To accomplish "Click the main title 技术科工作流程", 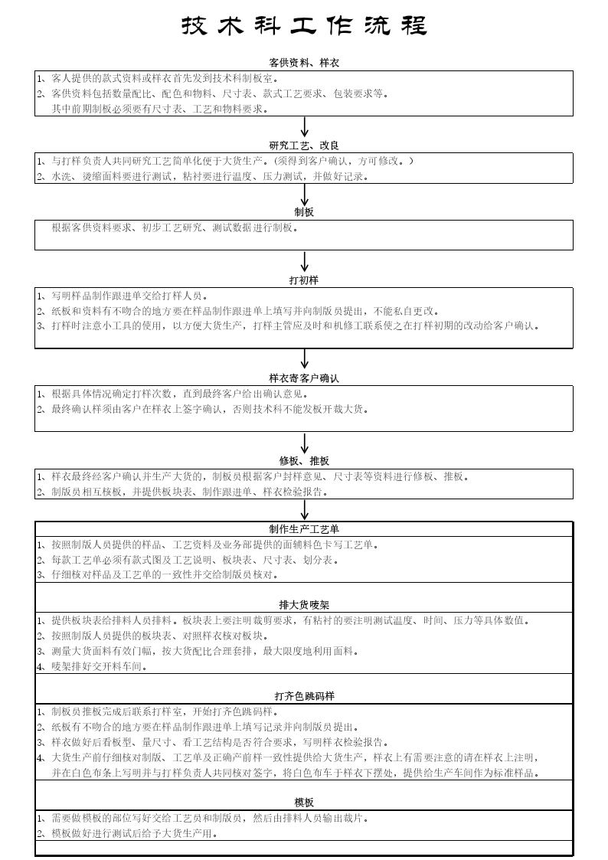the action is point(304,26).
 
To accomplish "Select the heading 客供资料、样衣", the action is point(304,63).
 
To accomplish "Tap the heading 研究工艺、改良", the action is point(304,146).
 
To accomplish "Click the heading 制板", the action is point(304,212).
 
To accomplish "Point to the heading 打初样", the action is point(304,280).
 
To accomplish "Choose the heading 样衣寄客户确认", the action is point(304,378).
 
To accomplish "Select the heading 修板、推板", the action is point(304,461).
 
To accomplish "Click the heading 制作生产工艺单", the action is point(304,529).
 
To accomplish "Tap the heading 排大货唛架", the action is point(304,605).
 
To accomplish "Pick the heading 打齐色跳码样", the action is point(304,696).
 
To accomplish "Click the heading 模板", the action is point(304,803).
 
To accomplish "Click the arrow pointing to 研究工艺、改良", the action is point(305,126).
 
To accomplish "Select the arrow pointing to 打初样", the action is point(305,261).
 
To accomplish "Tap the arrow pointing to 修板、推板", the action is point(305,443).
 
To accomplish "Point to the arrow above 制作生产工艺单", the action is point(305,509).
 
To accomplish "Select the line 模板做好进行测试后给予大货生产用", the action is point(127,834).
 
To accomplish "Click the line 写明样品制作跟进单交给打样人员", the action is point(123,296).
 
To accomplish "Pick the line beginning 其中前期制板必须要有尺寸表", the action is point(160,110).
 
